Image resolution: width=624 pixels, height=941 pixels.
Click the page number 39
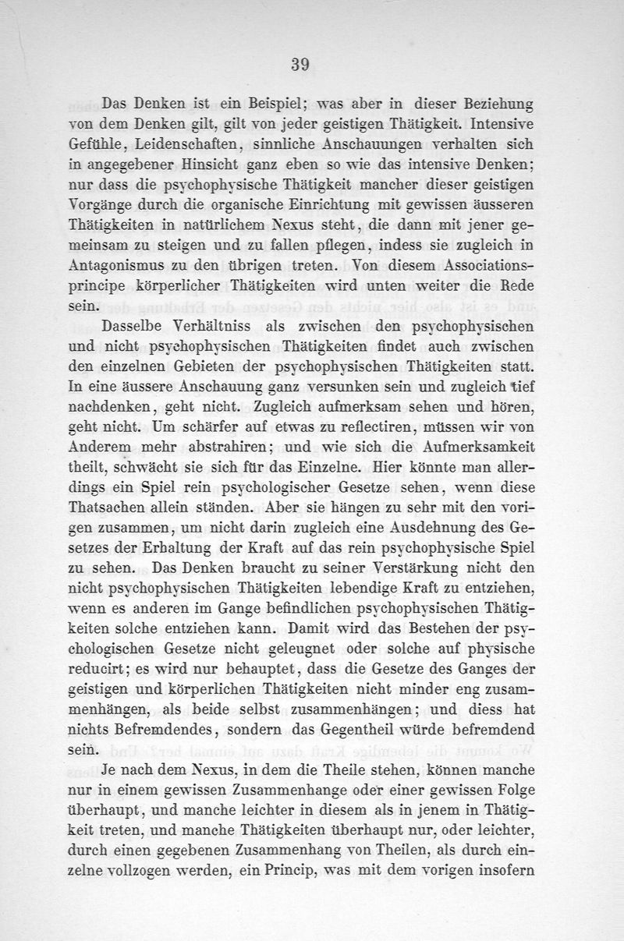click(x=300, y=65)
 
